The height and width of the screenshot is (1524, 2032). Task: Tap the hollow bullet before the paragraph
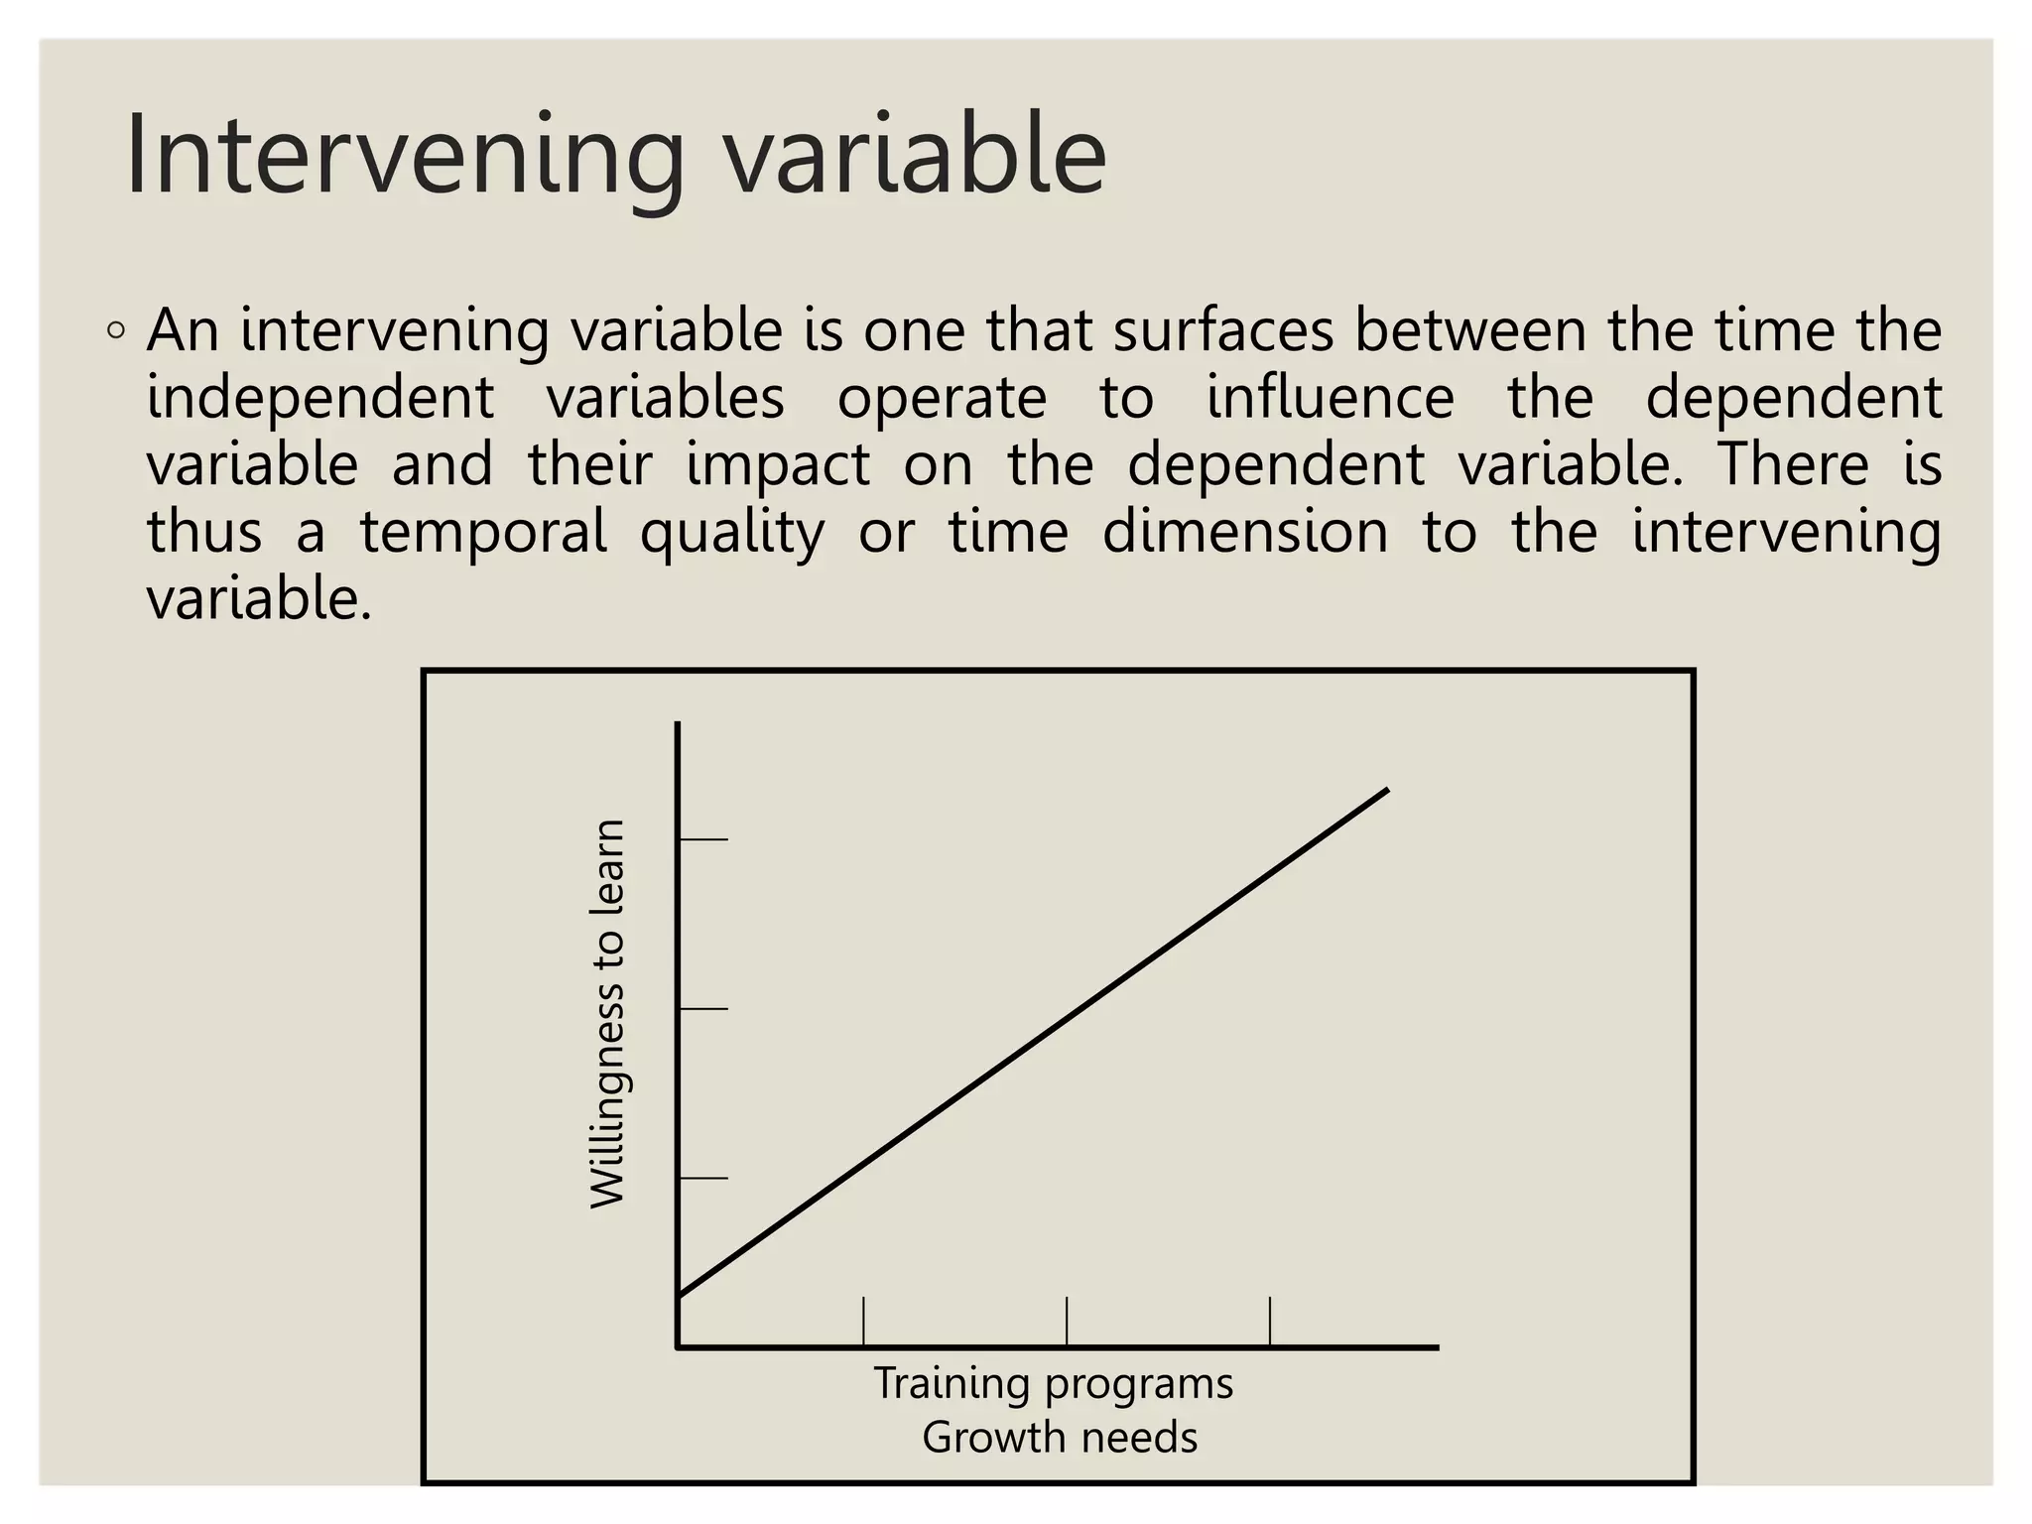(x=116, y=331)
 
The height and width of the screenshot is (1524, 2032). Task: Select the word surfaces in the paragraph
(x=1222, y=330)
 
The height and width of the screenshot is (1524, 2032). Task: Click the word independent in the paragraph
(x=319, y=398)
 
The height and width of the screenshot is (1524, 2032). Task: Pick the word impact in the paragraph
(x=777, y=465)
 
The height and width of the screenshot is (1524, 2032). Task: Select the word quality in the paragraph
(x=731, y=533)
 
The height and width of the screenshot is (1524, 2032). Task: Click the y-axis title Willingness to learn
(x=607, y=1013)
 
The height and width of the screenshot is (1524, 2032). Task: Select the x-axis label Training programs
(x=1053, y=1383)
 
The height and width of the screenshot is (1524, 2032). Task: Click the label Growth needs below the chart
(x=1059, y=1437)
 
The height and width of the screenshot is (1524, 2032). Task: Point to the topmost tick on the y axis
(x=703, y=839)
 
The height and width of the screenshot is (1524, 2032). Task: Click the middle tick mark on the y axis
(x=703, y=1009)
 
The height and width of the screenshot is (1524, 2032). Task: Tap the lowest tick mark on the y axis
(x=703, y=1178)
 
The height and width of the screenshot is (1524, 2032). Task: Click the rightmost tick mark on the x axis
(x=1270, y=1321)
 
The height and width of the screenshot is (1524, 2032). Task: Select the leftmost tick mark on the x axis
(x=863, y=1321)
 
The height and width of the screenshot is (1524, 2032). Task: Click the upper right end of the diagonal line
(x=1385, y=791)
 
